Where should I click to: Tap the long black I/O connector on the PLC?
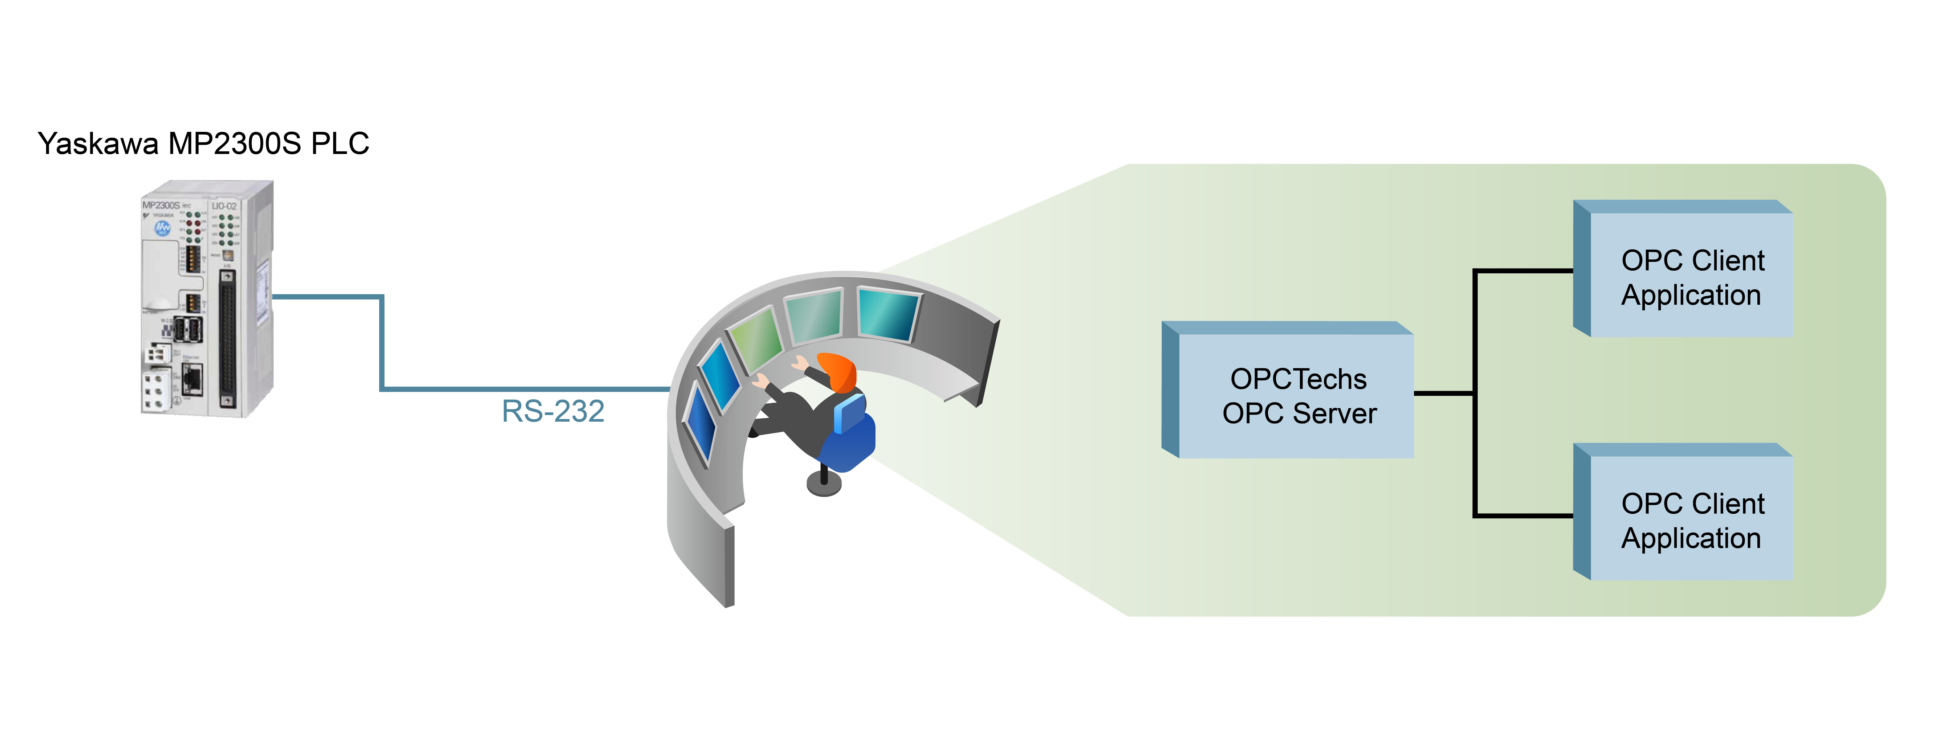pyautogui.click(x=227, y=338)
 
